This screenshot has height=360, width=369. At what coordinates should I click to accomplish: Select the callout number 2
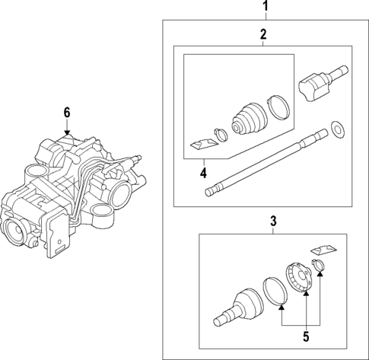coord(262,34)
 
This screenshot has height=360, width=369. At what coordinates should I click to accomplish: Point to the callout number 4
coord(203,172)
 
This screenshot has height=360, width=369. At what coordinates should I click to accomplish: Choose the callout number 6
coord(67,112)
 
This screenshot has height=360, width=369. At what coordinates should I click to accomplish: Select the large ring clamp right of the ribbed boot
coord(278,107)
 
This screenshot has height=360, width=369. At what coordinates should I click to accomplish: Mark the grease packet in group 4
coord(200,144)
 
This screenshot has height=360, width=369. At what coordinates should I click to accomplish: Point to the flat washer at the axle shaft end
coord(336,130)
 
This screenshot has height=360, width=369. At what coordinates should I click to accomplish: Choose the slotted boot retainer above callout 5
coord(298,277)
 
